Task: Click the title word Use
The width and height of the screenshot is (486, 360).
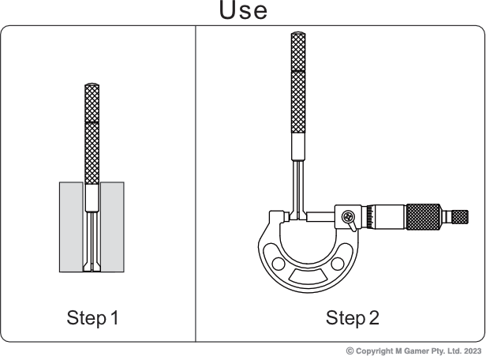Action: (242, 11)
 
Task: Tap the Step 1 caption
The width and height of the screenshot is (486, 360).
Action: (92, 318)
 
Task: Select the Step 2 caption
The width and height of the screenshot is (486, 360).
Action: (352, 318)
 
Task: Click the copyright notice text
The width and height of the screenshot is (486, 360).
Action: (413, 350)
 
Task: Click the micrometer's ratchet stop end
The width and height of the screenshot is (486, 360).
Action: (456, 216)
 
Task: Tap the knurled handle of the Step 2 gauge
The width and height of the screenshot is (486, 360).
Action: (298, 83)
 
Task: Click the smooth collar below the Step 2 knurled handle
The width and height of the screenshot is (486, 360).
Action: (298, 146)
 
